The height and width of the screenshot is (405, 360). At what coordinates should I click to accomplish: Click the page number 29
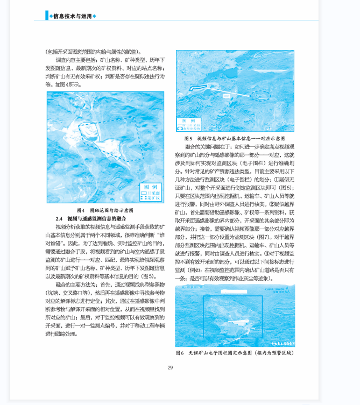pyautogui.click(x=170, y=367)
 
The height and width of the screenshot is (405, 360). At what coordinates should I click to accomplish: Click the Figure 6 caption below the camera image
pyautogui.click(x=235, y=353)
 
